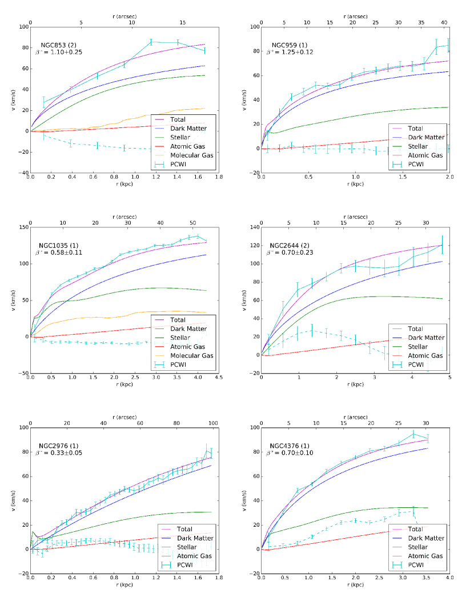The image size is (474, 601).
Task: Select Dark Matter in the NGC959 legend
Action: pyautogui.click(x=425, y=138)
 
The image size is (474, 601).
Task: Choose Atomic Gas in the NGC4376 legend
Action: pyautogui.click(x=423, y=556)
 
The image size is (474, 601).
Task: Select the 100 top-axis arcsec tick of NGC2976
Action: pyautogui.click(x=213, y=423)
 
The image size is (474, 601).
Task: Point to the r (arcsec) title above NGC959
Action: pyautogui.click(x=355, y=17)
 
